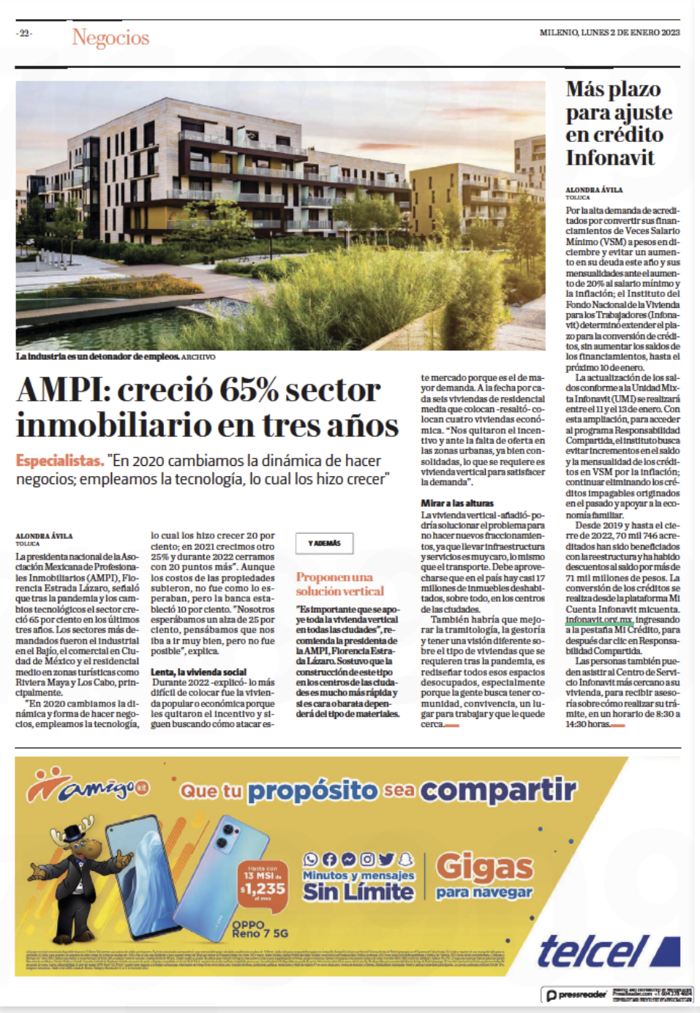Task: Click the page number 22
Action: point(24,33)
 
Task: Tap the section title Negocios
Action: point(110,37)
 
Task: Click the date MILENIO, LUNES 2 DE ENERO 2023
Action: point(609,32)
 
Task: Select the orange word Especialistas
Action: point(59,461)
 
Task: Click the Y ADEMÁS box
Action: point(324,543)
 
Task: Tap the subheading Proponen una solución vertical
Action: point(339,584)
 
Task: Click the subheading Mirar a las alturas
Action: point(456,503)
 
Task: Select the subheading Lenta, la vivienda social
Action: point(198,671)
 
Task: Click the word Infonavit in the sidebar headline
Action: point(609,157)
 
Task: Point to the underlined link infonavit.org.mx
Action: point(599,619)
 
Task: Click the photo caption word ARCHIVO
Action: point(198,357)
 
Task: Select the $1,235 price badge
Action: point(263,886)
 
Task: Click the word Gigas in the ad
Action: point(484,867)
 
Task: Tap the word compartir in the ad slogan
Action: point(498,790)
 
